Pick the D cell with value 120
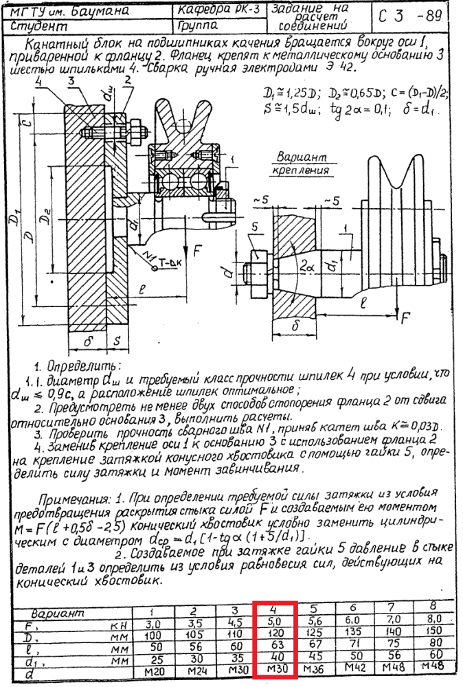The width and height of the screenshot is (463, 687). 274,633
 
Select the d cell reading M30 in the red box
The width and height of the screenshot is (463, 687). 274,668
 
